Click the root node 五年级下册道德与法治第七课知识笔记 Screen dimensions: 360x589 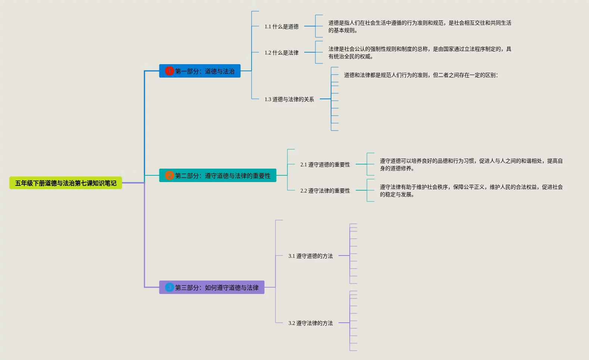coord(66,183)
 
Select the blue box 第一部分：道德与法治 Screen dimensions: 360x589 coord(200,71)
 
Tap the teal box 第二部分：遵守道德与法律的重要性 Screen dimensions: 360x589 coord(218,175)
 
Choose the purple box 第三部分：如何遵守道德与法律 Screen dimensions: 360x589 coord(212,287)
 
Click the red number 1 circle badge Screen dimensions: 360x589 coord(169,71)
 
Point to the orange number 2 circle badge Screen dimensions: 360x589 coord(169,175)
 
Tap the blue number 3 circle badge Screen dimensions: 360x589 coord(169,287)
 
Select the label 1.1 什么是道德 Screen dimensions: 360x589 coord(281,26)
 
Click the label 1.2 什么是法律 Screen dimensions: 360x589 coord(281,53)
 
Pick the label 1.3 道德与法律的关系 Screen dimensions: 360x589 coord(289,99)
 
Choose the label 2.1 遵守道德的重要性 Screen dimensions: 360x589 coord(325,165)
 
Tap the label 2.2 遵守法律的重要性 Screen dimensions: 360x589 coord(325,191)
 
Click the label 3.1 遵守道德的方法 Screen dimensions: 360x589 coord(311,256)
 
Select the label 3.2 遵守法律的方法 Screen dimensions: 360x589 coord(311,323)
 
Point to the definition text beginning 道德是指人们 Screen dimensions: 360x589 coord(420,26)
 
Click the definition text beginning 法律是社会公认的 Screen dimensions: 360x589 coord(420,53)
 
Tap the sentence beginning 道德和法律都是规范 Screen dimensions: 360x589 coord(421,75)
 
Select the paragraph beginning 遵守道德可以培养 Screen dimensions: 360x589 coord(471,165)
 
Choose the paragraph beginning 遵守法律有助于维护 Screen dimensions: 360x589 coord(471,191)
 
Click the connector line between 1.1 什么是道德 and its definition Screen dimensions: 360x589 coord(310,26)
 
